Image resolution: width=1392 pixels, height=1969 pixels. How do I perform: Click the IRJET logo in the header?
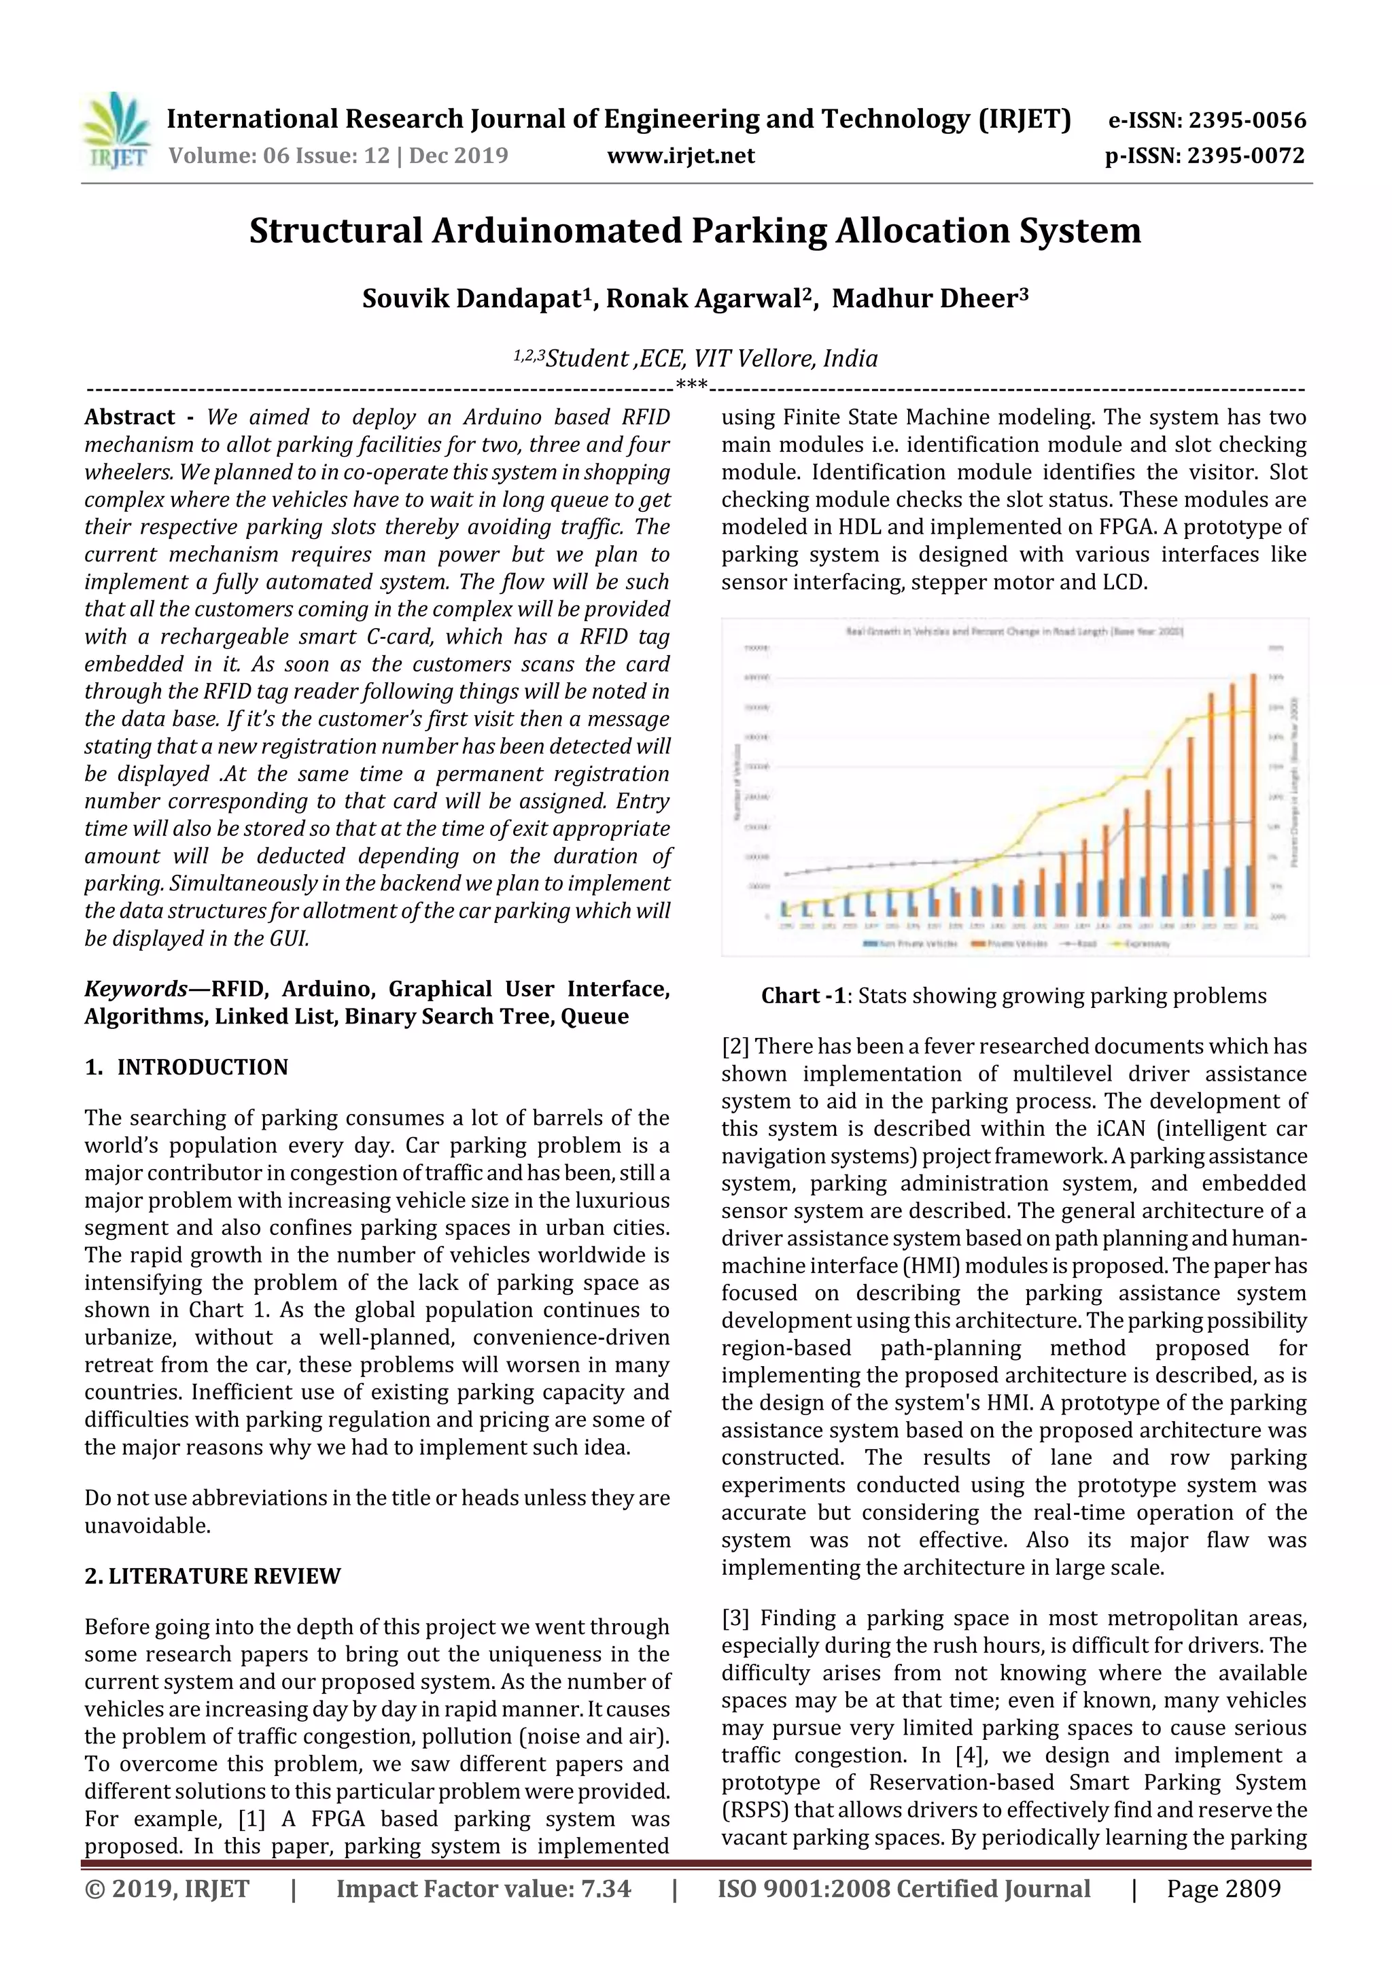116,131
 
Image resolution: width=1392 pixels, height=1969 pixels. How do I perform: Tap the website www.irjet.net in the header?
680,156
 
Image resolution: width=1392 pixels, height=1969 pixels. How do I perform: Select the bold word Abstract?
130,417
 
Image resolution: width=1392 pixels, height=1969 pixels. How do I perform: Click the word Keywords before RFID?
135,989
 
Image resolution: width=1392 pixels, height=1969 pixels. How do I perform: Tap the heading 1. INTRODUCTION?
186,1067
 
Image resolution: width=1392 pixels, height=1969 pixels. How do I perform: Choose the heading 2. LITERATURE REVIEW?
212,1576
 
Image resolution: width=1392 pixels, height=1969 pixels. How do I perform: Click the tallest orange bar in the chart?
1253,793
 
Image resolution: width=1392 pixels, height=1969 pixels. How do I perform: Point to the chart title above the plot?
1015,631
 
